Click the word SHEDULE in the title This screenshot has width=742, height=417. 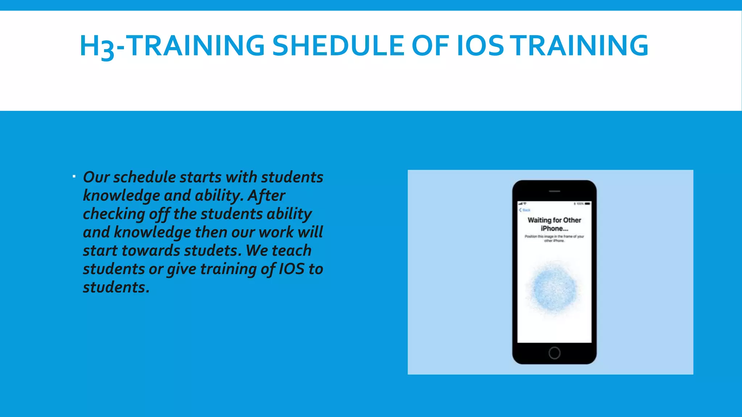coord(338,46)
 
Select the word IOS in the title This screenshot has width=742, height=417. coord(480,46)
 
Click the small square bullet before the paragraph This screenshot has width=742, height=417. coord(74,177)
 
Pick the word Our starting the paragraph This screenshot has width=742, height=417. coord(96,177)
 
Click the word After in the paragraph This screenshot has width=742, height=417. coord(266,196)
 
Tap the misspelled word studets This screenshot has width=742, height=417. coord(213,251)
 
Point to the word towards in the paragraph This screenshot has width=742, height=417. coord(151,251)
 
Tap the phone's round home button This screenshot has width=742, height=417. coord(554,353)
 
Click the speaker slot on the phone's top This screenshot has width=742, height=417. coord(554,191)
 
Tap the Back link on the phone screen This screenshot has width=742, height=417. coord(525,210)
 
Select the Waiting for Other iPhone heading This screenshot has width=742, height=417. coord(554,224)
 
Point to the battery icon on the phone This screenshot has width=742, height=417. coord(587,204)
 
